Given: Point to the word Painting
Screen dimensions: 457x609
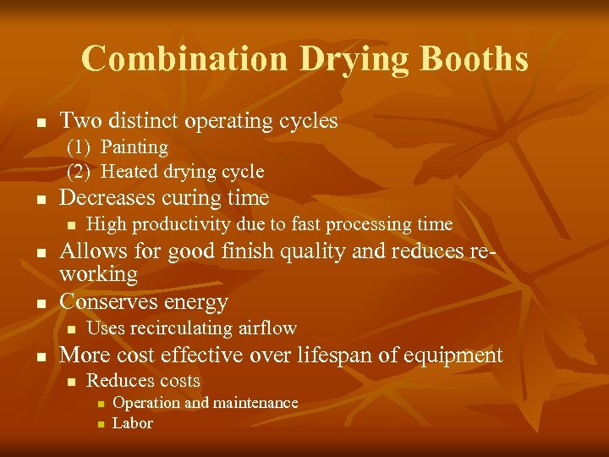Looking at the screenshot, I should [x=134, y=146].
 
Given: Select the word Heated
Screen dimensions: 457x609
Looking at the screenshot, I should [x=129, y=172].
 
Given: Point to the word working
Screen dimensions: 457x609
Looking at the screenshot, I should [x=99, y=274].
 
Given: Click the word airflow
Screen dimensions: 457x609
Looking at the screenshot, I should [x=266, y=328].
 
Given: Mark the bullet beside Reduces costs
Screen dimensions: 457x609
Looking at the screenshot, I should [x=71, y=383].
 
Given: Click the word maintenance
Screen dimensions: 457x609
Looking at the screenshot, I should [x=253, y=403].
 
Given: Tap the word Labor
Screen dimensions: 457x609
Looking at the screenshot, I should [x=133, y=423].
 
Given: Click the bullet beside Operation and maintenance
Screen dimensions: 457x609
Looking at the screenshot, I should [x=98, y=404].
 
